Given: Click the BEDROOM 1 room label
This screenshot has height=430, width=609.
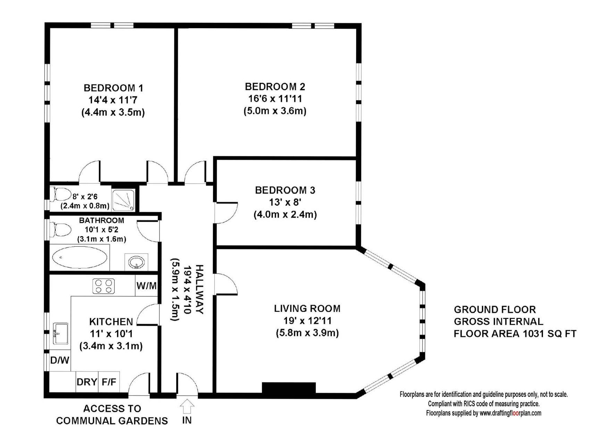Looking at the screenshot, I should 113,88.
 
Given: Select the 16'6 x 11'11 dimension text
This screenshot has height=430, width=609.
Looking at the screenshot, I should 275,99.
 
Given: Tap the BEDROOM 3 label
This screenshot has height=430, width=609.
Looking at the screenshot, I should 285,190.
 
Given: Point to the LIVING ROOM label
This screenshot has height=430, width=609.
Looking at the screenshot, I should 307,308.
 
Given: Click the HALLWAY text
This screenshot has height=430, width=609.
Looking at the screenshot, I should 199,289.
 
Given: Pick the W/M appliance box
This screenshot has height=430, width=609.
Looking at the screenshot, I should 146,286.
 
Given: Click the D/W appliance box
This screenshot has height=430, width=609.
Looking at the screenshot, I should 60,360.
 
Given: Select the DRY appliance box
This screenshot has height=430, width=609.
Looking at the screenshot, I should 87,382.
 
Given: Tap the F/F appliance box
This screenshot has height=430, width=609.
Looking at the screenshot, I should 109,382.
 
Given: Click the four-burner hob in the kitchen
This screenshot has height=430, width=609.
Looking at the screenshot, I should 104,287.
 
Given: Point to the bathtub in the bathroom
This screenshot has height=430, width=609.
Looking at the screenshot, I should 80,258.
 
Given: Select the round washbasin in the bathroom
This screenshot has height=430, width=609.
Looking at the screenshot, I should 136,262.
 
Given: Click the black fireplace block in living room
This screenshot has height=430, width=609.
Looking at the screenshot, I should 288,388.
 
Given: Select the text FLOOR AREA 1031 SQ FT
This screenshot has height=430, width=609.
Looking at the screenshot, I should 515,334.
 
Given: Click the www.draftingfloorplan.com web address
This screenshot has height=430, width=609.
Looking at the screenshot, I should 510,413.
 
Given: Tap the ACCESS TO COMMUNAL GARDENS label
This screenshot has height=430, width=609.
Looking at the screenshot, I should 112,415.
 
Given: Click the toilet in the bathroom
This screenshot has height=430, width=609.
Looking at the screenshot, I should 62,230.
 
